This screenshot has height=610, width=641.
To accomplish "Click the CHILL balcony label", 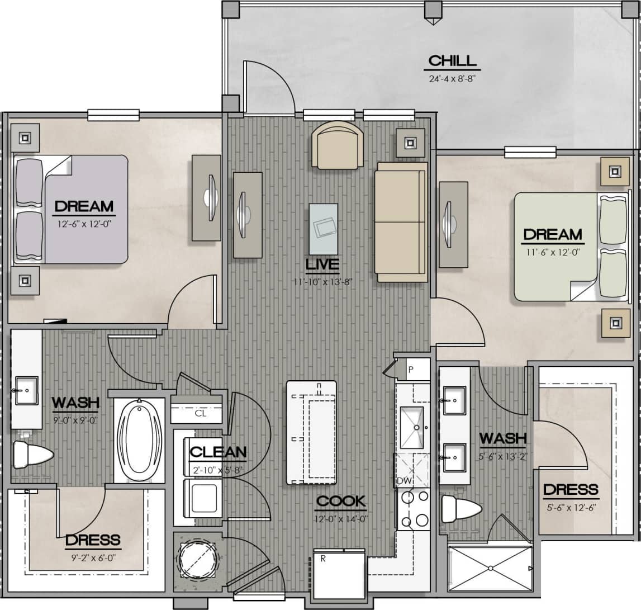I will pyautogui.click(x=453, y=60).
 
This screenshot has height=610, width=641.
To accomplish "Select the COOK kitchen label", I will pyautogui.click(x=340, y=501).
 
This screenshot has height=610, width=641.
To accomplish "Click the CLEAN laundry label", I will pyautogui.click(x=218, y=452).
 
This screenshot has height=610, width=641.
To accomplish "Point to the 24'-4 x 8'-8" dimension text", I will pyautogui.click(x=453, y=78).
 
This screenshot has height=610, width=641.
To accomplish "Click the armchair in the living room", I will pyautogui.click(x=336, y=145).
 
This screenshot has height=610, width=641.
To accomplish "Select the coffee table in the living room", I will pyautogui.click(x=323, y=229).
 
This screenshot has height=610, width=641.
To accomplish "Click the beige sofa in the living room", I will pyautogui.click(x=401, y=222).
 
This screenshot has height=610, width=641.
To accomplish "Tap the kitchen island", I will pyautogui.click(x=312, y=433).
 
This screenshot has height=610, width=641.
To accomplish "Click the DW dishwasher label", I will pyautogui.click(x=403, y=481).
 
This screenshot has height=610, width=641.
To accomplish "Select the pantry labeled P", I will pyautogui.click(x=412, y=370).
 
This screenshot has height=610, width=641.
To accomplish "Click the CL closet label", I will pyautogui.click(x=200, y=414).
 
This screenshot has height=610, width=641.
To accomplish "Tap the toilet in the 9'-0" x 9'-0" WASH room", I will pyautogui.click(x=31, y=455).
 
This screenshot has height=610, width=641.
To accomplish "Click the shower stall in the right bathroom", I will pyautogui.click(x=490, y=568).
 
